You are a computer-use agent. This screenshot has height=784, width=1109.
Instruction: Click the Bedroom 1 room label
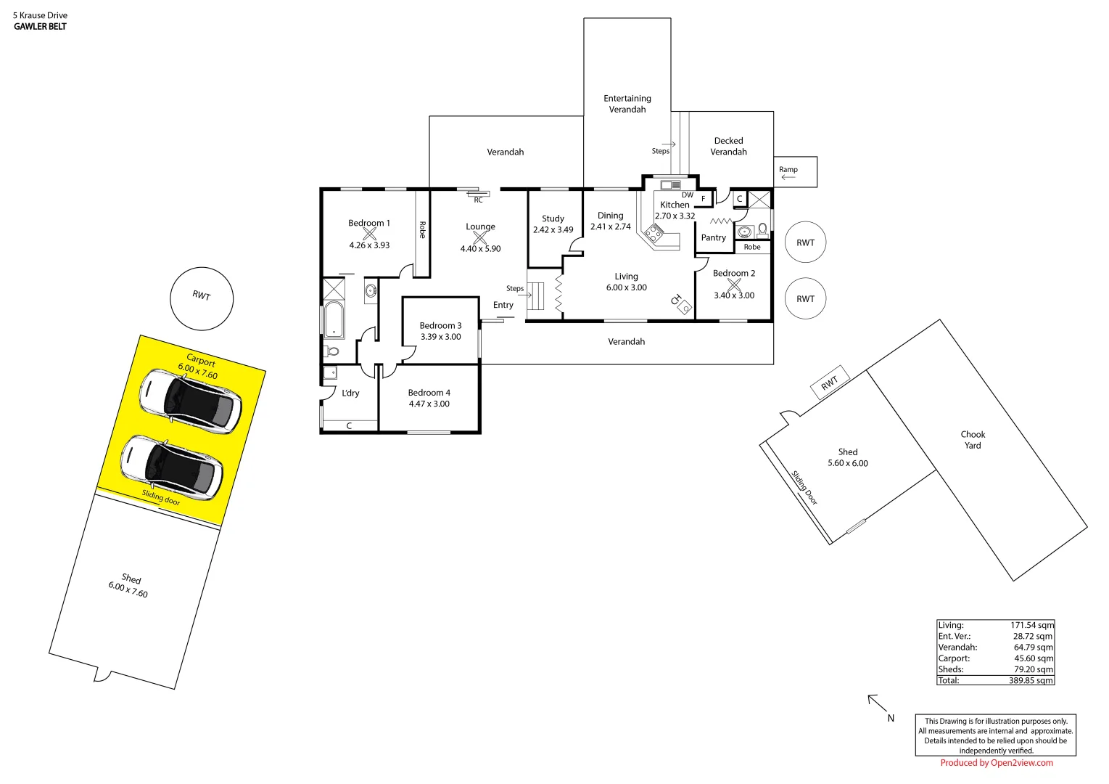coord(368,223)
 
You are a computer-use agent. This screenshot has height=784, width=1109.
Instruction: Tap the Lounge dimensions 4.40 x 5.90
coord(480,249)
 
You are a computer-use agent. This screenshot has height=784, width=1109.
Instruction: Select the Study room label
coord(553,219)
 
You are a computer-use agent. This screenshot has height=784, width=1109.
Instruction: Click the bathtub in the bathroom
coord(334,319)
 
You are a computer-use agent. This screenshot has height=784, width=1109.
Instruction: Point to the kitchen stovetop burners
coord(654,233)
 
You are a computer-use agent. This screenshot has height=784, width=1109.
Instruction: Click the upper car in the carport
coord(190,401)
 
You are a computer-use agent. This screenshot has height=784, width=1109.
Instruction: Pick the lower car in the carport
coord(171,467)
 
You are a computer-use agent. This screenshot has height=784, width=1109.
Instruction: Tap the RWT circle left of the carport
coord(202,298)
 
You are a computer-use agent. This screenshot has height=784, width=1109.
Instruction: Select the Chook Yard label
coord(973,440)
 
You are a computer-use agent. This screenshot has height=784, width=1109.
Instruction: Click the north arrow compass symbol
coord(878,703)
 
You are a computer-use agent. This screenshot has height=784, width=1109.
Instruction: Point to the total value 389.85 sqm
coord(1031,681)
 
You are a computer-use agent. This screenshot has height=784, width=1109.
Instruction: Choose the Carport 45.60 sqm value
coord(1033,658)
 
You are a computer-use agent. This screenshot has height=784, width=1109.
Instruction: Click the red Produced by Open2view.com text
coord(996,763)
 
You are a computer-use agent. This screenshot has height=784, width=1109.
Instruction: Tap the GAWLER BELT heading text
coord(40,27)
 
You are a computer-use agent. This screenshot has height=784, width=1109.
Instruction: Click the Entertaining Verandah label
coord(627,104)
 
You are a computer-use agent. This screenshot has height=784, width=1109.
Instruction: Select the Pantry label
coord(713,237)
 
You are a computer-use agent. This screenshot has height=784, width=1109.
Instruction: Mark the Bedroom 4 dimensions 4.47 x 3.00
coord(429,404)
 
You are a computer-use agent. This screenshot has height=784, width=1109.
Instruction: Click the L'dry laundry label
coord(350,393)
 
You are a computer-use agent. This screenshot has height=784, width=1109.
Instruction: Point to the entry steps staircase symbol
coord(535,295)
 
